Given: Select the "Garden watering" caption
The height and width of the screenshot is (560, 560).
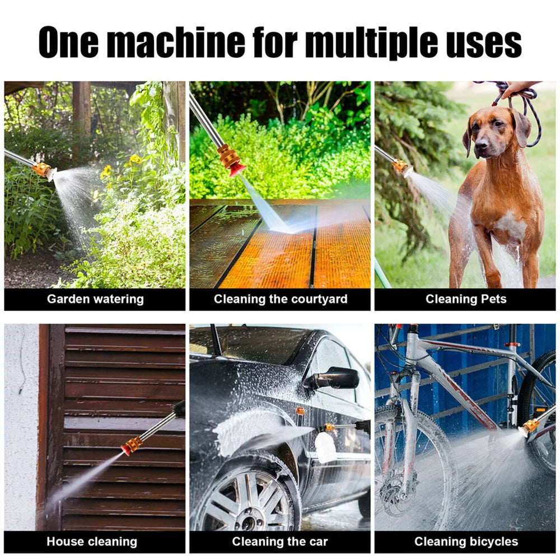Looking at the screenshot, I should click(x=95, y=299).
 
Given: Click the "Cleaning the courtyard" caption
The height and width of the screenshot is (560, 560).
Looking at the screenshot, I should click(x=280, y=299).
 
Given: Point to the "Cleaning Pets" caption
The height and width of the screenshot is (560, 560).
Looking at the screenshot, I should click(x=465, y=299).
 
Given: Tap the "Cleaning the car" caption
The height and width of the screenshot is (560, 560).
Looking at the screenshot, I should click(x=280, y=542).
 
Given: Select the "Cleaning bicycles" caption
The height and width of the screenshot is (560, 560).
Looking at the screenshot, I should click(x=466, y=542).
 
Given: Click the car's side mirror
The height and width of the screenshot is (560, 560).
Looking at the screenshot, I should click(x=335, y=379).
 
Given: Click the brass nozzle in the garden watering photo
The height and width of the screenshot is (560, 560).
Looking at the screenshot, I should click(x=42, y=169).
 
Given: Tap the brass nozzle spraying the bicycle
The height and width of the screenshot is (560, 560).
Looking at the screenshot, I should click(x=529, y=427).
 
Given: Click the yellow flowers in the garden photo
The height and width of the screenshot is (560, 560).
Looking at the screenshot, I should click(x=134, y=160).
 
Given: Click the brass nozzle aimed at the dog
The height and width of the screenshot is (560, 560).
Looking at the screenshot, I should click(x=400, y=166).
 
